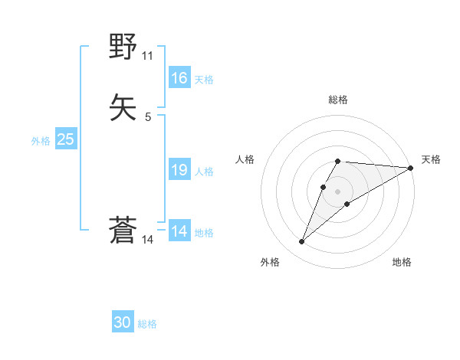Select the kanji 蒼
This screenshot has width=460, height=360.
click(123, 231)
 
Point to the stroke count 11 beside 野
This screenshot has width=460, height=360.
click(147, 56)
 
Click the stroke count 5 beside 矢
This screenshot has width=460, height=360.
click(147, 117)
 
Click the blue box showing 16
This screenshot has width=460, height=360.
click(179, 78)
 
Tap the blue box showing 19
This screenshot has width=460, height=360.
click(179, 170)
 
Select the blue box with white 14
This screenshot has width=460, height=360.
click(179, 231)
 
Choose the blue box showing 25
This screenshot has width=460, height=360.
click(65, 139)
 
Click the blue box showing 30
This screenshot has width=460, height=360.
click(123, 322)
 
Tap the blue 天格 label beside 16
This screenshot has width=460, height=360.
click(204, 80)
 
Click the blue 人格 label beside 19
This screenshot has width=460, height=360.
click(204, 172)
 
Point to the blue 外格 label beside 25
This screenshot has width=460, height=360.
click(41, 141)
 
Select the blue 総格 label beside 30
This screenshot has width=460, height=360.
click(147, 324)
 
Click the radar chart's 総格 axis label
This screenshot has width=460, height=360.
click(337, 100)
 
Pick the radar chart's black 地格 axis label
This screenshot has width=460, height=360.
click(402, 263)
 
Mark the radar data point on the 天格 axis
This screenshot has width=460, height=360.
click(411, 168)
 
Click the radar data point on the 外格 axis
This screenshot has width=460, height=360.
click(302, 242)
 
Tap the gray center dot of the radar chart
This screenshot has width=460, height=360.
click(337, 191)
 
